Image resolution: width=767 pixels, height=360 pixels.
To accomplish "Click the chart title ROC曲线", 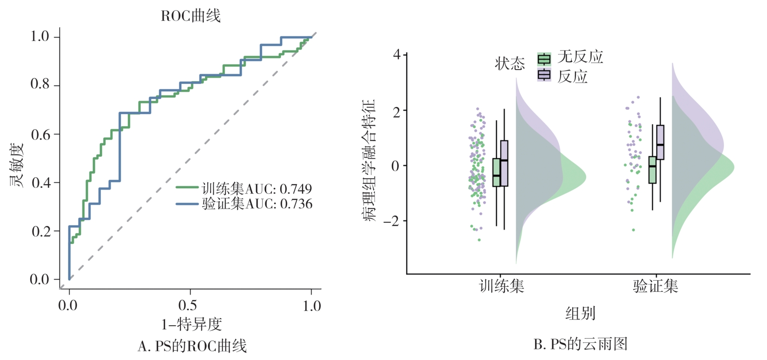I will (191, 16).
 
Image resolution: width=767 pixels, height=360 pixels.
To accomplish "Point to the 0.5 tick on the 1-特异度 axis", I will (188, 305).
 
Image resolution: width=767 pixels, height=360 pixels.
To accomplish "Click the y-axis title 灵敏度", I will (17, 164).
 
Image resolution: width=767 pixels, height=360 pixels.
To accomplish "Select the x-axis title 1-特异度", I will (191, 324).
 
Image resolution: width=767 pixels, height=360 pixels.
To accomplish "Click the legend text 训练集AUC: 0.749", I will (256, 188).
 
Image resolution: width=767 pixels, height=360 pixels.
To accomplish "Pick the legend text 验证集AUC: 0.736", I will (257, 204).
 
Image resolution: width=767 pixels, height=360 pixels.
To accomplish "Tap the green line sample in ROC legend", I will (187, 187).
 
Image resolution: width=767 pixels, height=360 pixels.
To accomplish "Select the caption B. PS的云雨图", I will (580, 344).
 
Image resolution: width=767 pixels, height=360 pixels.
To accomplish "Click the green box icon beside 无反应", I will (544, 59).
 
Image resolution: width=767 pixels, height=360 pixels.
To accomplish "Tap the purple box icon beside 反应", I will (544, 75).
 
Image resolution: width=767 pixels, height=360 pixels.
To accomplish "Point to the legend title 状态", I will (510, 64).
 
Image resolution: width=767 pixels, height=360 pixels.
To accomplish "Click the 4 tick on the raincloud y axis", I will (397, 55).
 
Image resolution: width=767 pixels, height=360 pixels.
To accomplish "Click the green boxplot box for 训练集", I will (497, 173).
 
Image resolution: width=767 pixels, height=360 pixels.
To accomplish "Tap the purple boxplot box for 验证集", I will (660, 142).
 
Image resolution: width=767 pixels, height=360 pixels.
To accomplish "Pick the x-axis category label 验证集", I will (655, 286).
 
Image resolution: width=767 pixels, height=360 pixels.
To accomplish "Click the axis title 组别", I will (580, 314).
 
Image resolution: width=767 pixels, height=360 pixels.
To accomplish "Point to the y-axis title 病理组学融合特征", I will (370, 160).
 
